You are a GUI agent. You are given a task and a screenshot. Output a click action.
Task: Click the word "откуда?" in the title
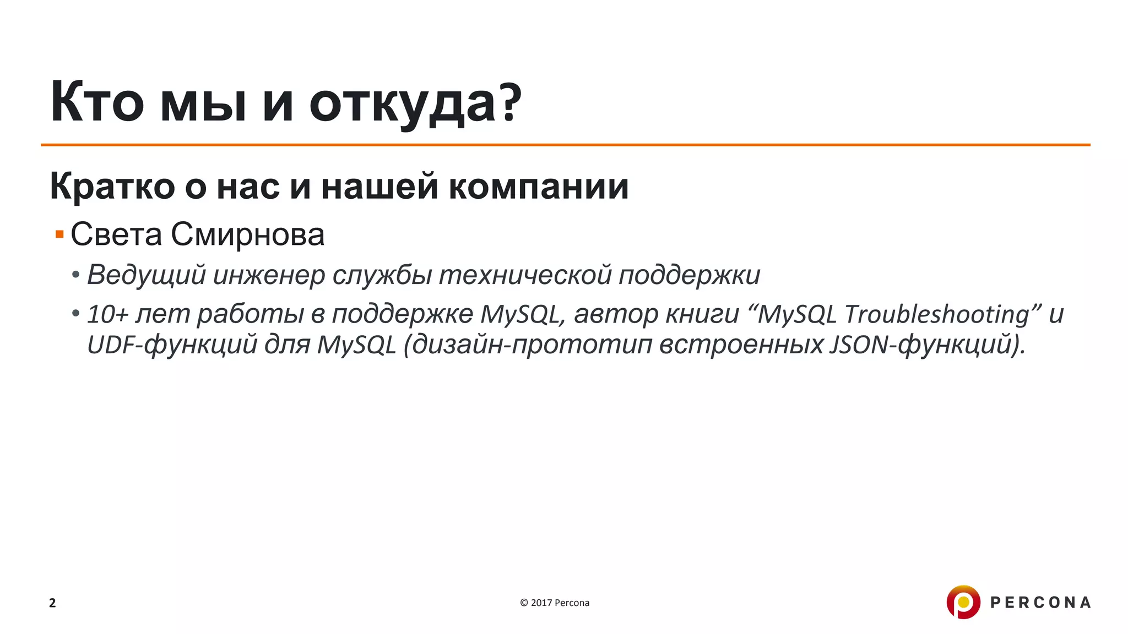pyautogui.click(x=415, y=103)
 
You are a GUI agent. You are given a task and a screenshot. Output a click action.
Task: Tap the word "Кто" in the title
pyautogui.click(x=97, y=103)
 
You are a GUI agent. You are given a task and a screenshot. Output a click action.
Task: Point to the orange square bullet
pyautogui.click(x=59, y=235)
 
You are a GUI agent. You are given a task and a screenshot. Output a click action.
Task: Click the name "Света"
pyautogui.click(x=116, y=234)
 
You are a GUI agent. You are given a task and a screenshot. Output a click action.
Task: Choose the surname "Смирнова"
pyautogui.click(x=247, y=234)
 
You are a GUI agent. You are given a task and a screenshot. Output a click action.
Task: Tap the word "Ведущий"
pyautogui.click(x=146, y=275)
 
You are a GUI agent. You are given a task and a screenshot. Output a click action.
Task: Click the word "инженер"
pyautogui.click(x=269, y=275)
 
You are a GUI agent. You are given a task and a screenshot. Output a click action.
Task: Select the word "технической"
pyautogui.click(x=525, y=275)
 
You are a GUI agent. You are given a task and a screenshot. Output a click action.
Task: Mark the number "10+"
pyautogui.click(x=107, y=314)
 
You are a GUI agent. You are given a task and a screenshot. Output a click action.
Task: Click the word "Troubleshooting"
pyautogui.click(x=936, y=314)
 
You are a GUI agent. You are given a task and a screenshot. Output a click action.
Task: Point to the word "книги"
pyautogui.click(x=702, y=314)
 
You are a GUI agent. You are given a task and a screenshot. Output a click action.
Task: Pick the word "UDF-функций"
pyautogui.click(x=172, y=345)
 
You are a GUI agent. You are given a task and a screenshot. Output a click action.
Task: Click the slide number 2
pyautogui.click(x=52, y=603)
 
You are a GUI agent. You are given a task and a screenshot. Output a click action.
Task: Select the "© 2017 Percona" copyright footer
pyautogui.click(x=554, y=603)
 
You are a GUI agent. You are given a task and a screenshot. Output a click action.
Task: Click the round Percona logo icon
pyautogui.click(x=963, y=602)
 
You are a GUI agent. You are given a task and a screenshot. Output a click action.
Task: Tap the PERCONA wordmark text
pyautogui.click(x=1040, y=603)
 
